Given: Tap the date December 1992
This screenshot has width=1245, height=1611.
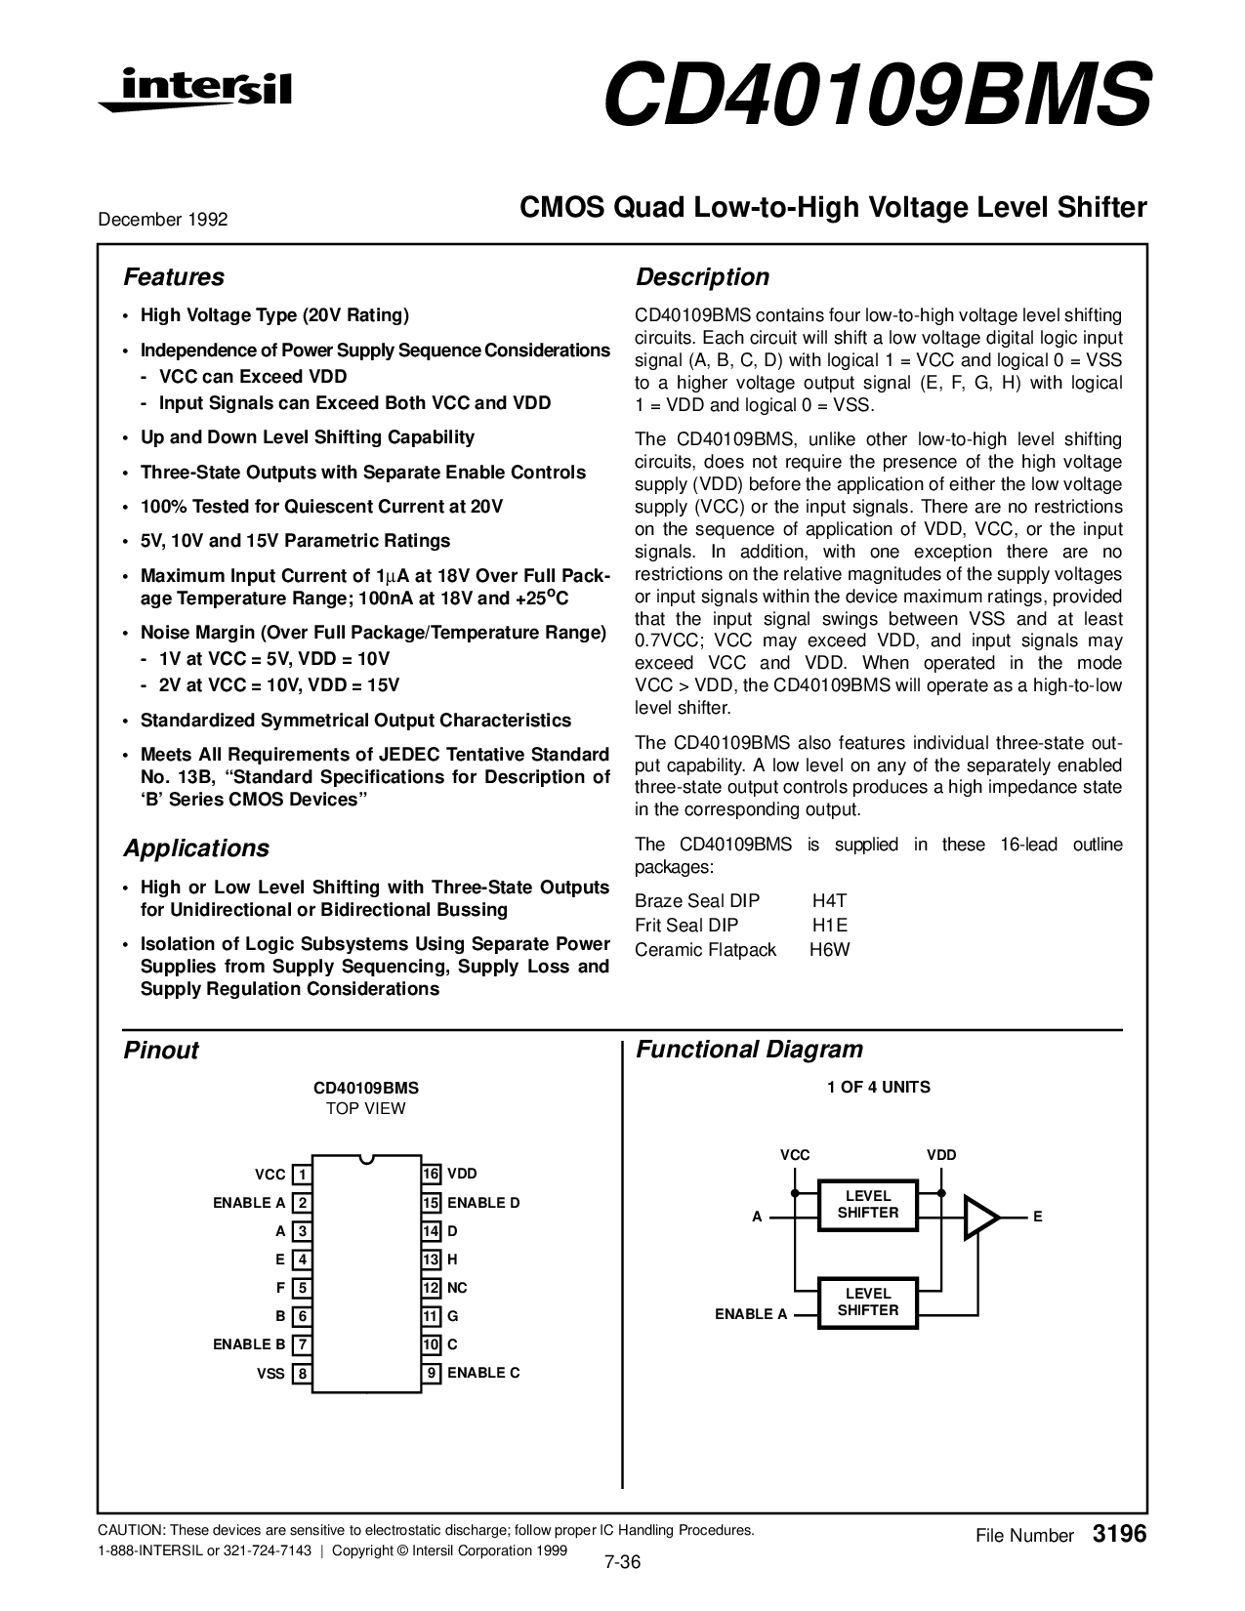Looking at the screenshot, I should pyautogui.click(x=163, y=220).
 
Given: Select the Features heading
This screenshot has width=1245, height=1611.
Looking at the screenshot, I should pyautogui.click(x=174, y=277).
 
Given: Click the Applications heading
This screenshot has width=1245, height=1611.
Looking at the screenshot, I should pyautogui.click(x=196, y=848).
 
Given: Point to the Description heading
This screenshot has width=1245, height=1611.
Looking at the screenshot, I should pyautogui.click(x=702, y=277).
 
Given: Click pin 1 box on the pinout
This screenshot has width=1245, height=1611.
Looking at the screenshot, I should pyautogui.click(x=303, y=1175).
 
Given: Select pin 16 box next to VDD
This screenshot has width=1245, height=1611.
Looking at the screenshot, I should pyautogui.click(x=431, y=1174).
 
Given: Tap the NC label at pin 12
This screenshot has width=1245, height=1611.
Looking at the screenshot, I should pyautogui.click(x=457, y=1288).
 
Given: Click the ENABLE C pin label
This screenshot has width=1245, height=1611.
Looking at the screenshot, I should pyautogui.click(x=483, y=1373).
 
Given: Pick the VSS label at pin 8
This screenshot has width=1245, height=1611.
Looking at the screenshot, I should pyautogui.click(x=270, y=1374).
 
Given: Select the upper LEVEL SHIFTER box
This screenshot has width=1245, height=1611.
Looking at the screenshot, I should pyautogui.click(x=868, y=1205).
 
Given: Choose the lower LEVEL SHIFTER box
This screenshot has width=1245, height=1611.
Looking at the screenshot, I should pyautogui.click(x=868, y=1302).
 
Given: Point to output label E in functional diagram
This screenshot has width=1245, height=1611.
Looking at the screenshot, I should pyautogui.click(x=1038, y=1217).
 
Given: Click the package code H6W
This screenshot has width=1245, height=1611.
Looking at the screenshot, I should pyautogui.click(x=830, y=950).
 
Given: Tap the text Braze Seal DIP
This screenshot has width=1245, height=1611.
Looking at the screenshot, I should pyautogui.click(x=697, y=901).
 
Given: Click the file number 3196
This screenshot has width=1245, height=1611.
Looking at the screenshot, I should pyautogui.click(x=1120, y=1535).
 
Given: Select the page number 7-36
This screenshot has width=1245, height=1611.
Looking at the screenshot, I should pyautogui.click(x=622, y=1562).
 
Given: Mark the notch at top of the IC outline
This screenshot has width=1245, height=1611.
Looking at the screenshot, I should pyautogui.click(x=366, y=1159).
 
